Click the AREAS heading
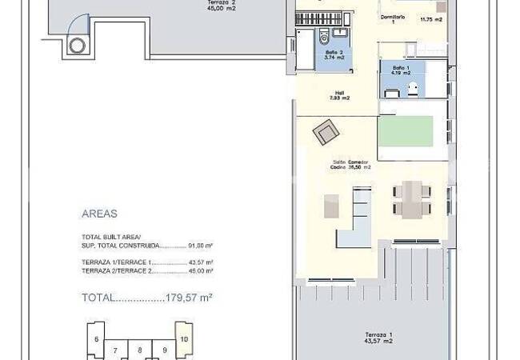(99, 214)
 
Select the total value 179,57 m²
(188, 297)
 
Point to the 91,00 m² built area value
(201, 246)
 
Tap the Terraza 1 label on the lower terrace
(378, 337)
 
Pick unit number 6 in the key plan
(97, 339)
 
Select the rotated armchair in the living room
(326, 131)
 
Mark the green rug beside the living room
(405, 131)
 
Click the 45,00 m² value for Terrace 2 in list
(201, 271)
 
